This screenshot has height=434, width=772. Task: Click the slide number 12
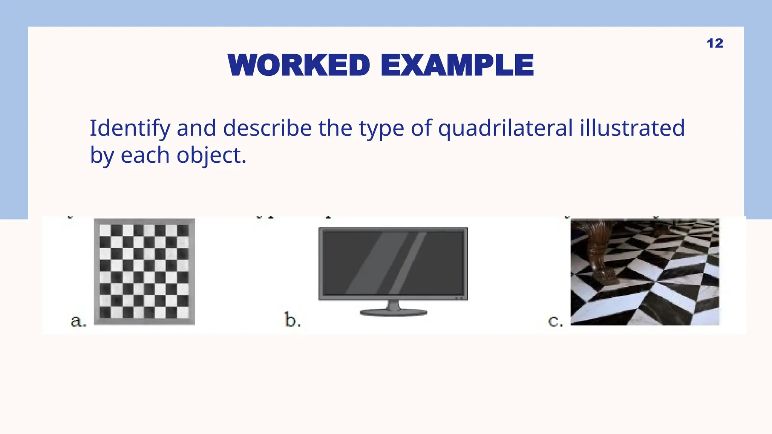point(715,43)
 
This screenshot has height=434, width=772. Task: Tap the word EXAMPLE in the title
point(457,65)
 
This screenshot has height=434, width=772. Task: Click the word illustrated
point(632,128)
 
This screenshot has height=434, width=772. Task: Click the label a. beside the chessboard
point(78,321)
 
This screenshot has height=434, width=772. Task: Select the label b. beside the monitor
point(293,320)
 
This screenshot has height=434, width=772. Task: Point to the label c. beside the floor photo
point(556,321)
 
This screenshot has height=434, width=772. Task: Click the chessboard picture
point(144,272)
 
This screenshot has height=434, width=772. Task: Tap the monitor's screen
point(393,263)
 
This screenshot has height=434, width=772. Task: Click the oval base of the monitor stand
point(393,312)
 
